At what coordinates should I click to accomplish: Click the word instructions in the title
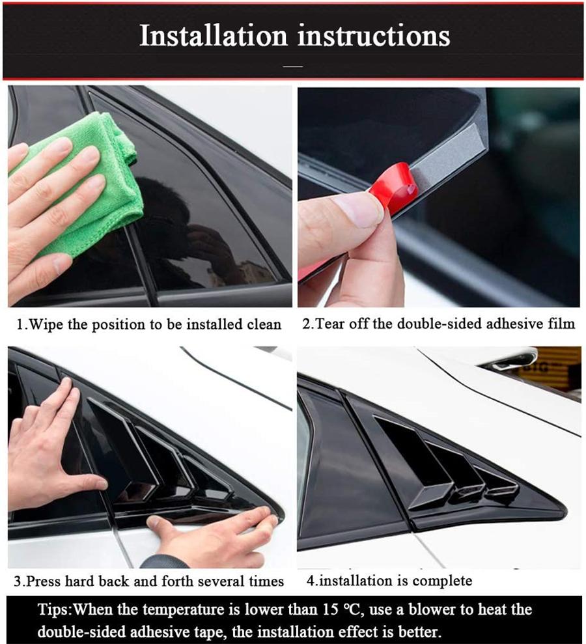[x=374, y=36]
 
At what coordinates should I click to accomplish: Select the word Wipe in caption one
[x=47, y=324]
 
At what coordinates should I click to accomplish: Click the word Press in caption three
[x=47, y=581]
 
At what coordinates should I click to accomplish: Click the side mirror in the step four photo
[x=514, y=359]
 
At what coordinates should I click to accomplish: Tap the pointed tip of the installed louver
[x=561, y=514]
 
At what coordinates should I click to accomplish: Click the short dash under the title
[x=294, y=66]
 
